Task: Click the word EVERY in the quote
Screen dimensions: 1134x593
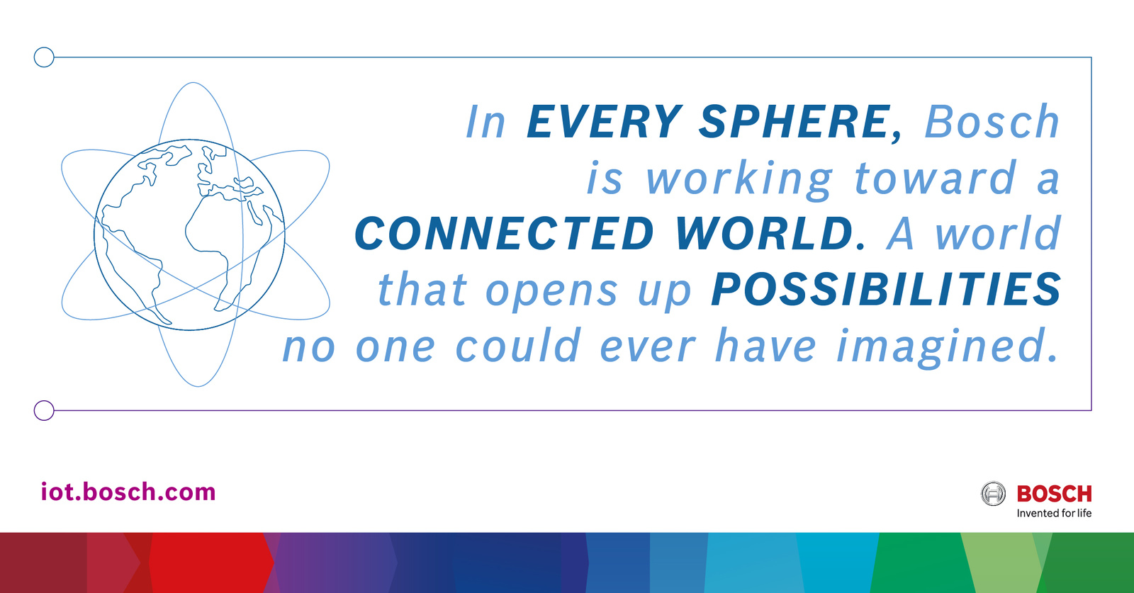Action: click(x=605, y=121)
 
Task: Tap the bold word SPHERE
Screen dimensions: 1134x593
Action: click(x=795, y=121)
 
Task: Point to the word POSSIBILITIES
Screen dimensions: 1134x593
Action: click(x=886, y=290)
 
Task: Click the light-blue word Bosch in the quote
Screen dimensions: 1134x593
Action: click(x=992, y=121)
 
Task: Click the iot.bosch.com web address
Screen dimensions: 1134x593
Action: click(x=128, y=492)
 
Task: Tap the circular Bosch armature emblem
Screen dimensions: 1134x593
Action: click(x=993, y=494)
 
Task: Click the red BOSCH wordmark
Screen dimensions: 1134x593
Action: click(x=1054, y=494)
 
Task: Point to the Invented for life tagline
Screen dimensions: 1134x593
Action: click(x=1054, y=513)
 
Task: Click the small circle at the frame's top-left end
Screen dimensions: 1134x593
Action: click(x=44, y=57)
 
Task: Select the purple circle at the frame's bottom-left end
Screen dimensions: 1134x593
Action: click(x=44, y=410)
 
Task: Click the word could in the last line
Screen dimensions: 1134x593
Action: click(x=518, y=346)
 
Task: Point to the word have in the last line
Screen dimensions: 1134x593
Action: click(x=765, y=346)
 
